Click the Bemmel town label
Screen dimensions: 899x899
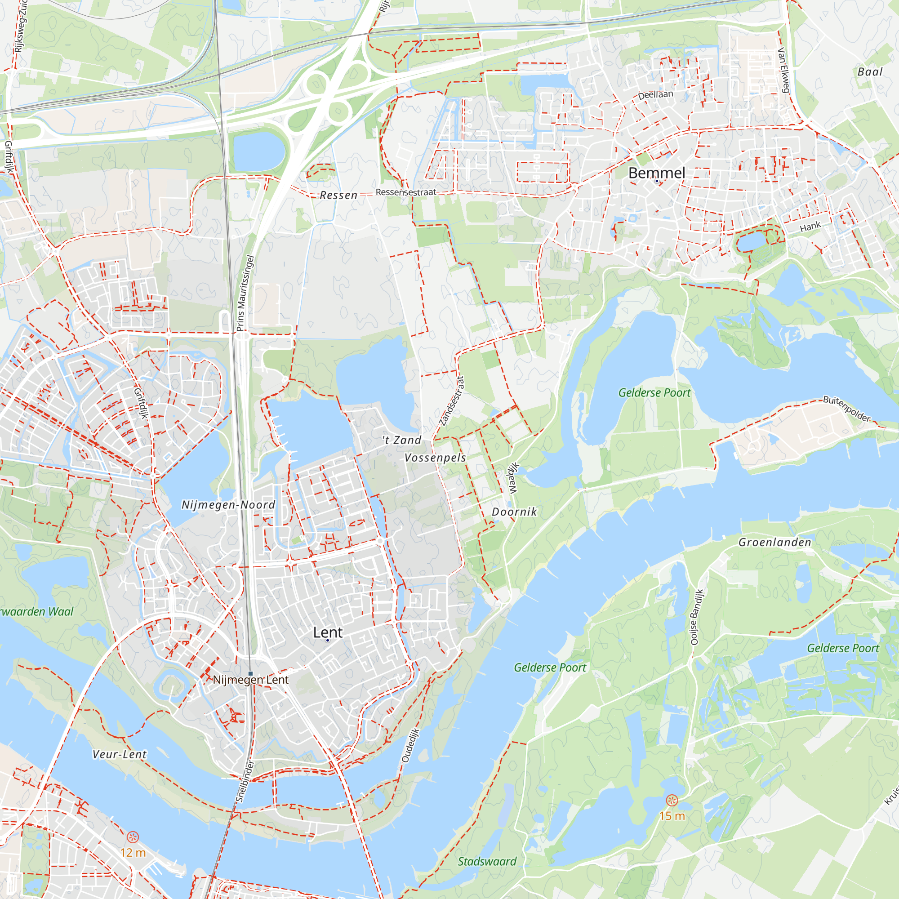tap(657, 173)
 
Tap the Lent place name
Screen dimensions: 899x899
tap(328, 632)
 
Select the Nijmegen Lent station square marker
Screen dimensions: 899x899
tap(250, 673)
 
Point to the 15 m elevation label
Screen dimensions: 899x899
tap(672, 816)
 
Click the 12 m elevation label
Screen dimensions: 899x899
tap(133, 852)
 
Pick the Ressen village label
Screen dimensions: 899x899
tap(338, 196)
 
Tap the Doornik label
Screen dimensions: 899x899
tap(514, 512)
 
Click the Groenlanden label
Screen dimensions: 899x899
tap(775, 542)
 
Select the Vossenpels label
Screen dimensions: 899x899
tap(435, 458)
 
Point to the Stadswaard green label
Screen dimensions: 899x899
tap(487, 861)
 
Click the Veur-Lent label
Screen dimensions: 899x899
tap(120, 754)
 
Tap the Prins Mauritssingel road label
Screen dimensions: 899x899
tap(245, 293)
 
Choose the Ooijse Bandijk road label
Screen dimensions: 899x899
tap(697, 617)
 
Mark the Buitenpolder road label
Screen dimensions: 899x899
tap(846, 409)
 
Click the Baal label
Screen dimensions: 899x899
tap(870, 71)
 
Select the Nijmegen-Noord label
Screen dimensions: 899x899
tap(228, 505)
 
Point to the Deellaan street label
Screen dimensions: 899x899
tap(655, 95)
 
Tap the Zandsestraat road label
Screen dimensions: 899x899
tap(452, 401)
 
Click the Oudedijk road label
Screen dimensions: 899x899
tap(410, 745)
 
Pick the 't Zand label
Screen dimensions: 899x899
tap(401, 440)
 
